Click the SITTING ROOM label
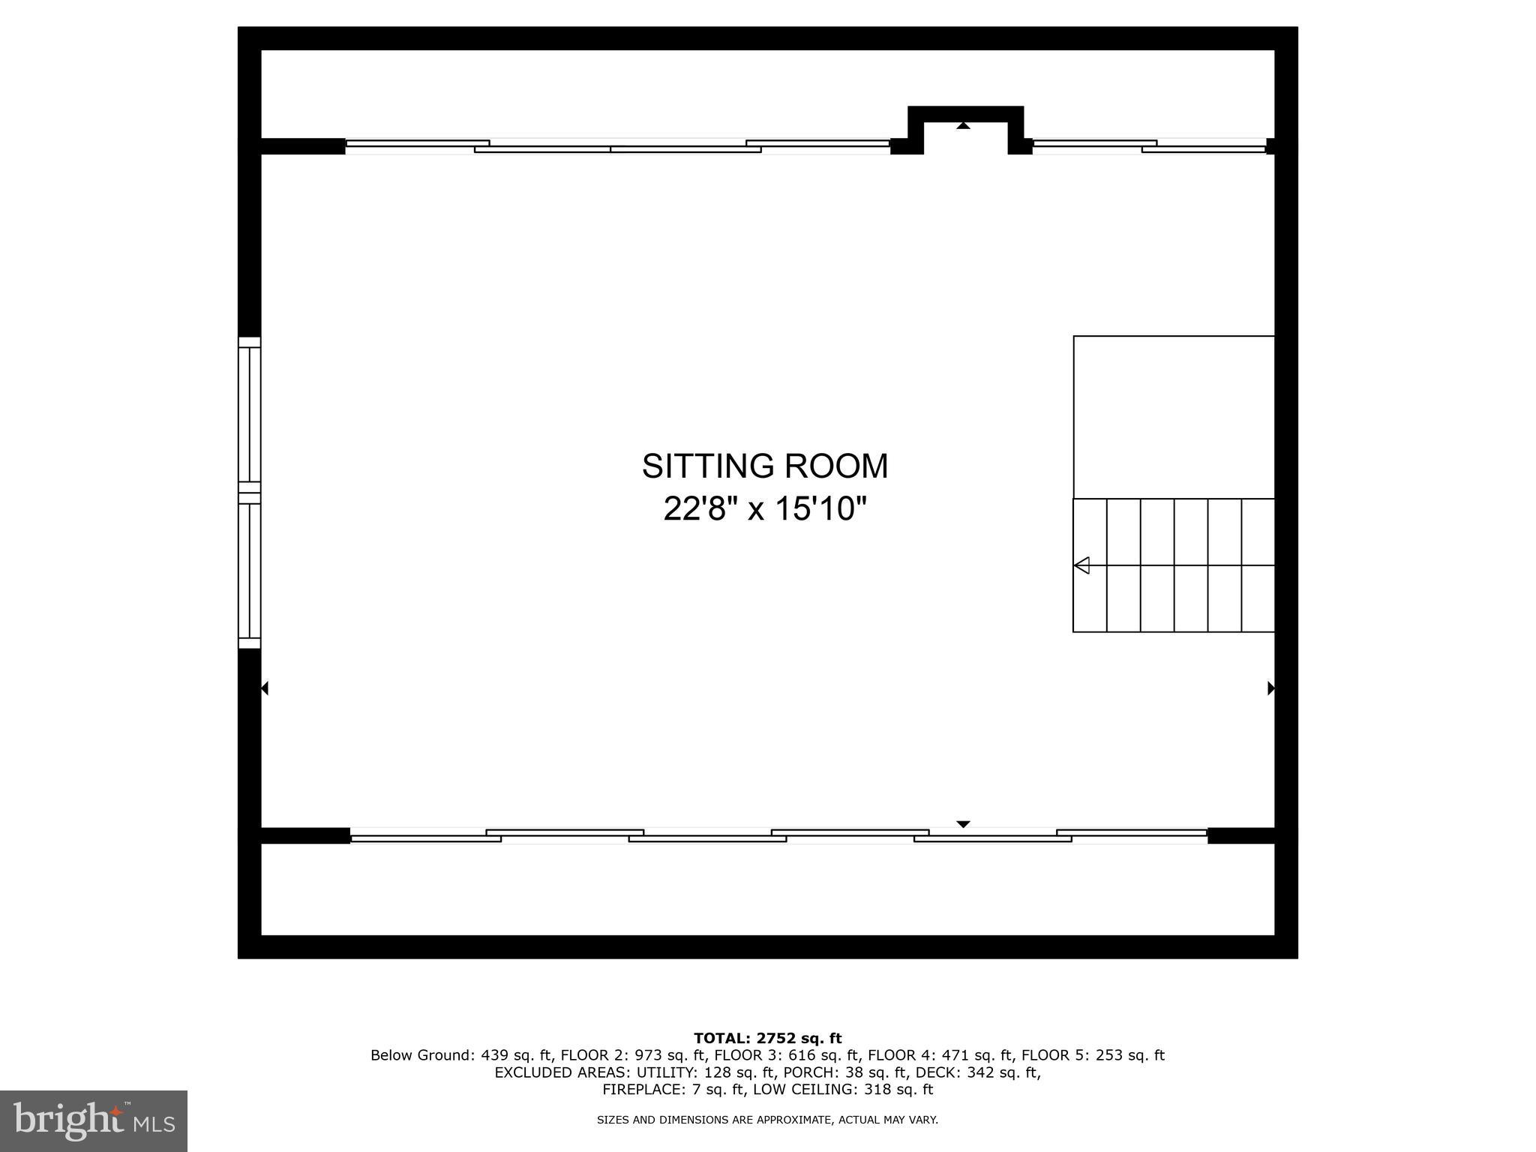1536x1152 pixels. [x=764, y=466]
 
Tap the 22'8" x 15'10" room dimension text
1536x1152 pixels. [x=764, y=509]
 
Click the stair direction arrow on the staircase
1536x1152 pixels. [x=1081, y=565]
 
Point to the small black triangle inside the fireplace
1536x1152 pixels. [x=963, y=126]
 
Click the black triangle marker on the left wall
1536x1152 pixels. [x=264, y=688]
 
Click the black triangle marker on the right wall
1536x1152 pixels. [x=1271, y=688]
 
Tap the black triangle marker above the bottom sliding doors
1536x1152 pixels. [x=963, y=824]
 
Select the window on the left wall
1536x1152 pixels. [x=250, y=493]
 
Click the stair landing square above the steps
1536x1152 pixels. [x=1174, y=417]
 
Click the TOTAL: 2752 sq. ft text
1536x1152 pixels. [x=767, y=1038]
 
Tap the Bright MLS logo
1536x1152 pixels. [x=94, y=1120]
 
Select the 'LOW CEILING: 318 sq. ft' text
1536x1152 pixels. [x=842, y=1089]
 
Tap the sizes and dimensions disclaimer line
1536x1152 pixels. [x=767, y=1120]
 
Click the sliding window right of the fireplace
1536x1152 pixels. [x=1148, y=145]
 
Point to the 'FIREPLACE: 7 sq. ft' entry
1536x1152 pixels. [x=673, y=1089]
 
